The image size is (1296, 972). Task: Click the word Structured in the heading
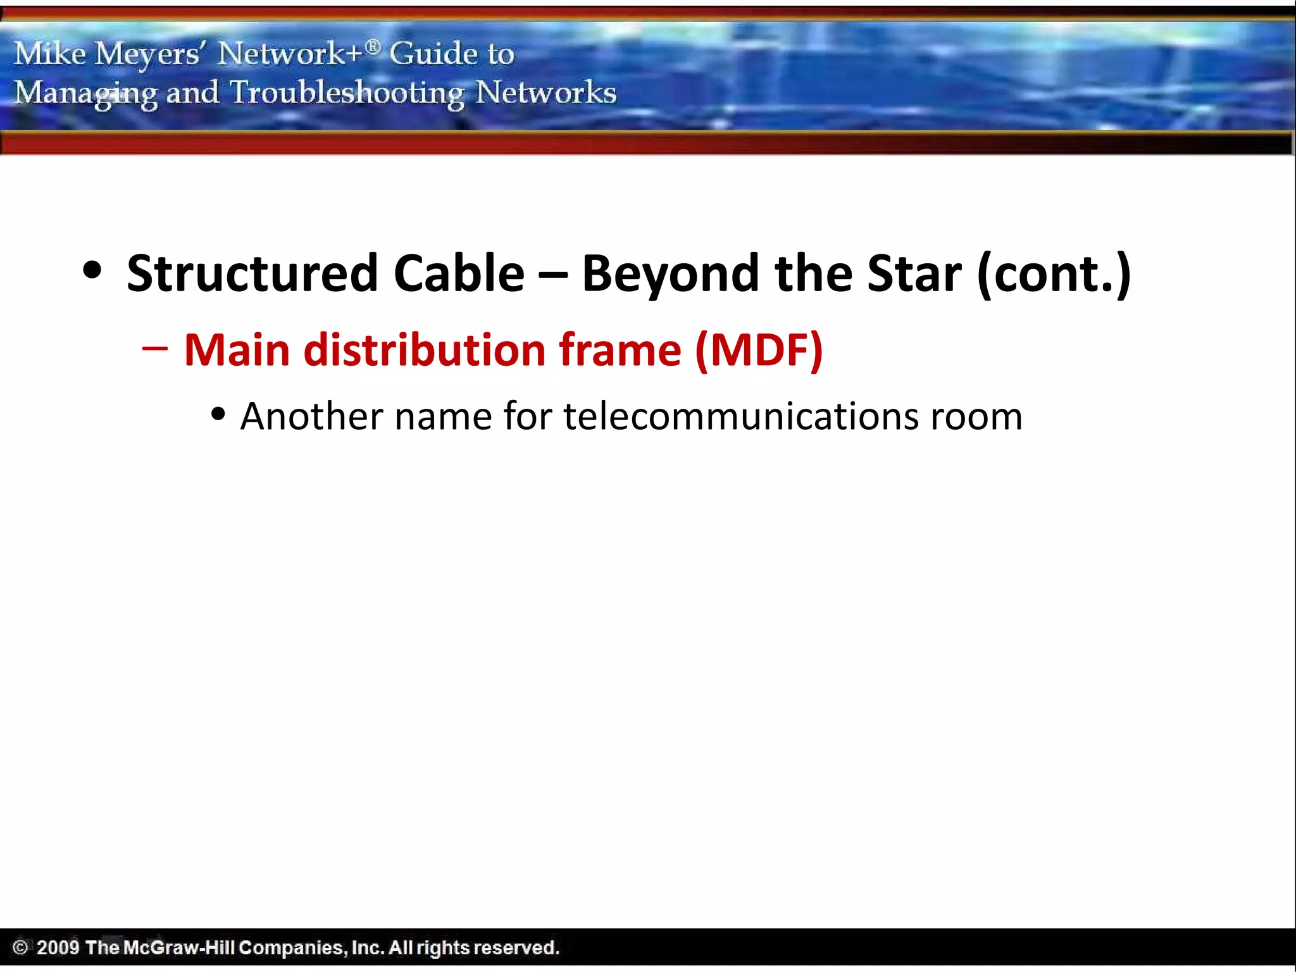tap(252, 273)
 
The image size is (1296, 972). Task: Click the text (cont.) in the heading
tap(1054, 273)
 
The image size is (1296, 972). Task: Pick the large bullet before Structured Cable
tap(92, 270)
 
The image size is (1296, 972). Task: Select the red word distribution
tap(424, 350)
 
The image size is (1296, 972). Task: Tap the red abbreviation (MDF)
tap(759, 350)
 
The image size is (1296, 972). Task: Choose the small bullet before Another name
tap(218, 414)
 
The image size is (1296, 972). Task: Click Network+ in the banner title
tap(290, 53)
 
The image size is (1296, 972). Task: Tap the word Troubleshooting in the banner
tap(347, 93)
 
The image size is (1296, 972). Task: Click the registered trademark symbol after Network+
tap(373, 46)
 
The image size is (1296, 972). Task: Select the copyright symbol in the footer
tap(20, 947)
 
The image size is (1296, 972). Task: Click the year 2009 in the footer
tap(58, 947)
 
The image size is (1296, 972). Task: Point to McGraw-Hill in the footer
tap(179, 947)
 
